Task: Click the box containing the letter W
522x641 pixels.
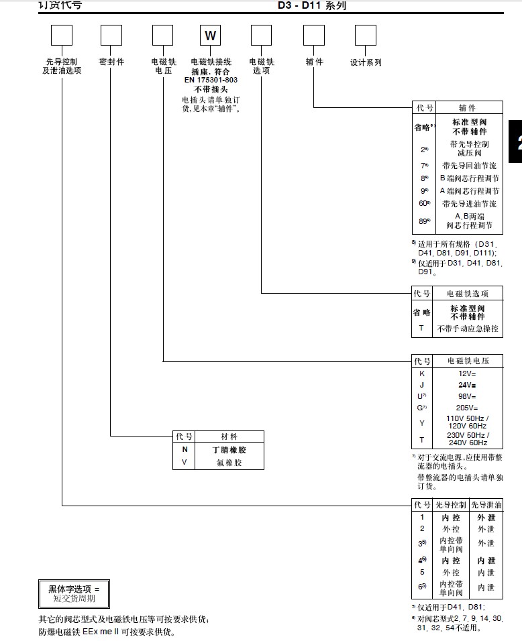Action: [x=210, y=36]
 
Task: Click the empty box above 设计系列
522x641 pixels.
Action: [x=366, y=36]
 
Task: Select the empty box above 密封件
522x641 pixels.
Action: [x=111, y=36]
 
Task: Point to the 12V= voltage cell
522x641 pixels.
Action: [x=467, y=373]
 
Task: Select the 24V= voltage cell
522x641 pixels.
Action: [x=467, y=385]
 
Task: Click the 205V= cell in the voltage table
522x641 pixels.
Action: [x=467, y=407]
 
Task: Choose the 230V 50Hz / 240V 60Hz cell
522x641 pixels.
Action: [x=467, y=439]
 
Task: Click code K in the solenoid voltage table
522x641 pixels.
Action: [x=422, y=373]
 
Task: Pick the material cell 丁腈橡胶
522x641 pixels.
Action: [x=229, y=450]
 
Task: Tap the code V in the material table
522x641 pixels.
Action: [x=185, y=462]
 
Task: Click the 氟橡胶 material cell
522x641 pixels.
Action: [x=229, y=462]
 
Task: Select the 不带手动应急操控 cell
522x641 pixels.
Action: [x=468, y=329]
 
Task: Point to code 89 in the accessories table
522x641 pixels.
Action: [x=423, y=221]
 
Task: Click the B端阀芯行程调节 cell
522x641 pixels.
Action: [x=469, y=178]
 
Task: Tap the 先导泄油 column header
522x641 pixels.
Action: [x=486, y=504]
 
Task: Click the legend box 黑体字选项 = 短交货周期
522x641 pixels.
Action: [x=73, y=593]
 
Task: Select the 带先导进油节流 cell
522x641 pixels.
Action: [x=469, y=203]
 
